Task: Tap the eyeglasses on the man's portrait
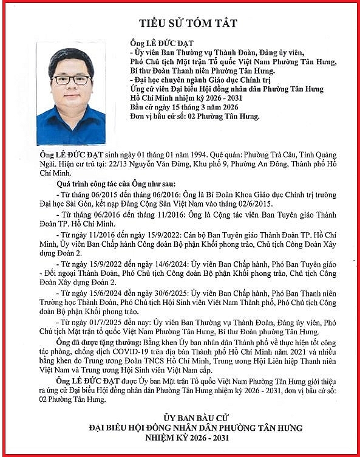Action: tap(71, 80)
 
